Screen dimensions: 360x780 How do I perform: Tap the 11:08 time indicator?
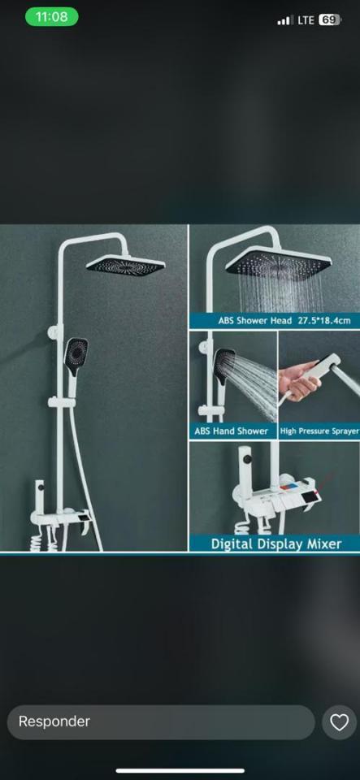click(52, 17)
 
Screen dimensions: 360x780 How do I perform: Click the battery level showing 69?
click(330, 19)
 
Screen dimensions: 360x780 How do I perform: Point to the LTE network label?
click(306, 19)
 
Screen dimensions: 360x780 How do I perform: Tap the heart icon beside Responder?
click(339, 722)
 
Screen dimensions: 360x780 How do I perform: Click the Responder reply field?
click(161, 721)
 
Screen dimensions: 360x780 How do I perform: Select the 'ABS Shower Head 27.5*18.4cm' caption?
click(284, 320)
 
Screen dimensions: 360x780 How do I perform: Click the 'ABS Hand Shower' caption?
click(232, 431)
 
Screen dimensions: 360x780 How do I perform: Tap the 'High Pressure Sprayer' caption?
click(319, 431)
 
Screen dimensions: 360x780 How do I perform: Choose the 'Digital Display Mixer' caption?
click(276, 544)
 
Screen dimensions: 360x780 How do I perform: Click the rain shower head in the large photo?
click(125, 265)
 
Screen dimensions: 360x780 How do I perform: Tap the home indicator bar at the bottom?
click(180, 770)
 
